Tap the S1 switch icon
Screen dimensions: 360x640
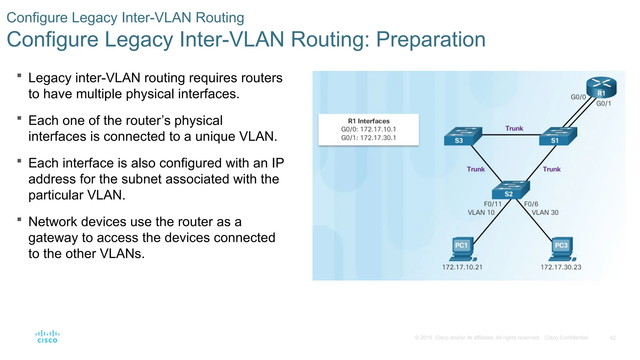click(x=558, y=136)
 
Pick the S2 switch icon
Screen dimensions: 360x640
click(x=511, y=190)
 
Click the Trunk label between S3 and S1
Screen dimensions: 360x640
click(x=514, y=128)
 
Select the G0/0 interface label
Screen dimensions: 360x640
click(x=578, y=97)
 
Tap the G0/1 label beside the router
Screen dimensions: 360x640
click(x=603, y=104)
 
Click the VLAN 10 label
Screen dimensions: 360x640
click(x=481, y=212)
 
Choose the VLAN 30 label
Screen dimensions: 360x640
click(x=545, y=212)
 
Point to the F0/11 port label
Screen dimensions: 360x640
click(x=492, y=204)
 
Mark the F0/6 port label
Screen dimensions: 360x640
click(x=531, y=204)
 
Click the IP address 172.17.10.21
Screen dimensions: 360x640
click(x=462, y=267)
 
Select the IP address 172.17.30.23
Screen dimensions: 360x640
click(x=561, y=267)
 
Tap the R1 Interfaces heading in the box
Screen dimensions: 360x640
click(x=369, y=121)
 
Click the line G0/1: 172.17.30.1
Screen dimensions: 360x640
click(x=368, y=138)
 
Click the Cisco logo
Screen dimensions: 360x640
click(x=47, y=337)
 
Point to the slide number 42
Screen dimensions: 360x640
click(x=612, y=338)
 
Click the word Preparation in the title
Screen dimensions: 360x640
click(x=431, y=39)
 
